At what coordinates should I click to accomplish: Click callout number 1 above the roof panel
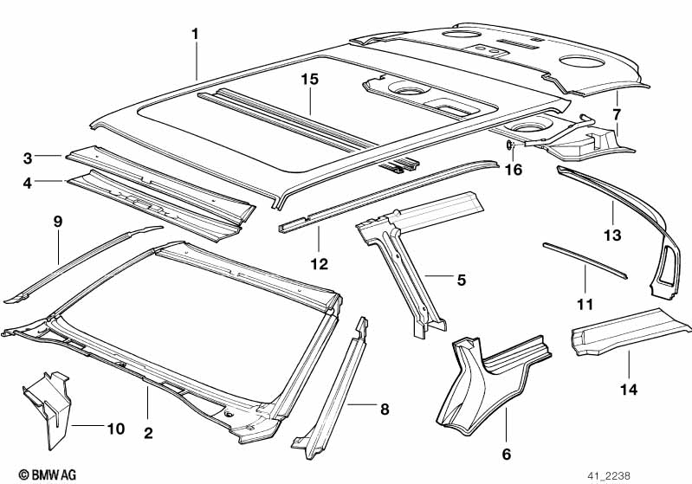coord(195,34)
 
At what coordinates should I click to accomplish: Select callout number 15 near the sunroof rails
coord(310,80)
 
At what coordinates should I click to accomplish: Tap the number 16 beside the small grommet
coord(514,170)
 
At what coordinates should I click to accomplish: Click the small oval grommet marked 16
coord(509,145)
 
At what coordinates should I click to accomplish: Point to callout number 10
coord(116,429)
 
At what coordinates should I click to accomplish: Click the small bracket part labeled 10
coord(48,409)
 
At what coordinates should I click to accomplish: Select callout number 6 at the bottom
coord(506,454)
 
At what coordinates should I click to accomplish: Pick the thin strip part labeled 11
coord(585,261)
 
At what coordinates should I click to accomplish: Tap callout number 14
coord(629,390)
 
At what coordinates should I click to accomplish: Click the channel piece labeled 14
coord(629,332)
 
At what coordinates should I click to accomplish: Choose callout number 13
coord(612,236)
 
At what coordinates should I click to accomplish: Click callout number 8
coord(385,410)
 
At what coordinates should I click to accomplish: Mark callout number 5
coord(461,280)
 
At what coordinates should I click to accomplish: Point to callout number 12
coord(319,264)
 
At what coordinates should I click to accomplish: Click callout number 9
coord(58,222)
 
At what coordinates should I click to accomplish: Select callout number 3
coord(28,158)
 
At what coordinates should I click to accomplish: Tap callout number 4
coord(28,183)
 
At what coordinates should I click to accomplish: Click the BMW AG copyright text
coord(48,474)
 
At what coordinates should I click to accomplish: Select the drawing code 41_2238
coord(609,476)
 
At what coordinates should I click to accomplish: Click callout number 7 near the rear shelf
coord(617,114)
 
